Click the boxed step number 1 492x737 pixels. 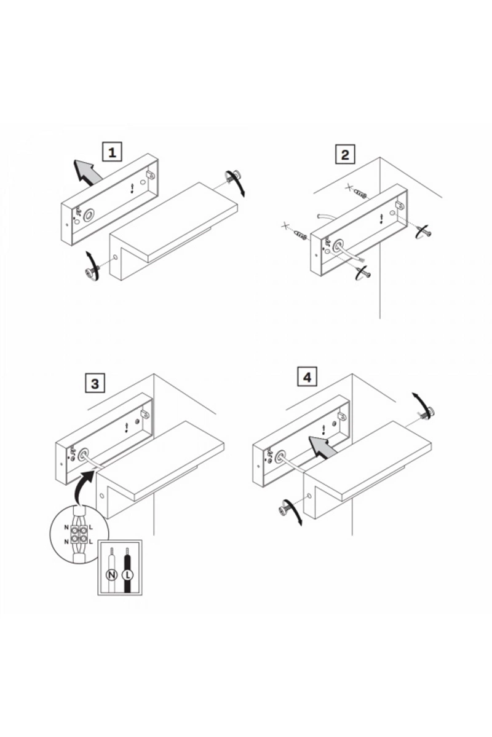tap(112, 153)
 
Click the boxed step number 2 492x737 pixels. tap(345, 154)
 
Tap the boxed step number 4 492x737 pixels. tap(307, 378)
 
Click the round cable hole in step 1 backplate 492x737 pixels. tap(89, 215)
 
